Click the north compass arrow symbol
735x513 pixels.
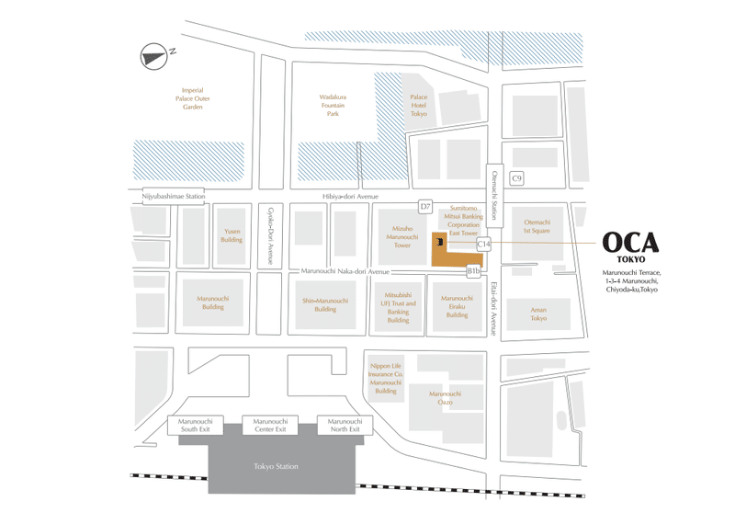coord(153,56)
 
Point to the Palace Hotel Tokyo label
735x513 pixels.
coord(419,104)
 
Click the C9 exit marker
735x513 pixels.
coord(517,178)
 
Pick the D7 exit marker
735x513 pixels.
coord(425,207)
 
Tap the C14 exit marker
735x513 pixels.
coord(484,244)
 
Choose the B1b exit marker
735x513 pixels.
coord(474,271)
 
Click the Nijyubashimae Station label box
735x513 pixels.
coord(173,196)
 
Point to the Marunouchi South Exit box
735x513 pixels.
coord(195,426)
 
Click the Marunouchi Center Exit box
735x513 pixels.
coord(269,426)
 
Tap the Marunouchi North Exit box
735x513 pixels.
coord(345,426)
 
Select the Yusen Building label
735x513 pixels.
coord(232,235)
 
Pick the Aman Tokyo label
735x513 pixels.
coord(538,313)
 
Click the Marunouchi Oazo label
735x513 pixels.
coord(445,398)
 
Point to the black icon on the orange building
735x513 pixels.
coord(441,242)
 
